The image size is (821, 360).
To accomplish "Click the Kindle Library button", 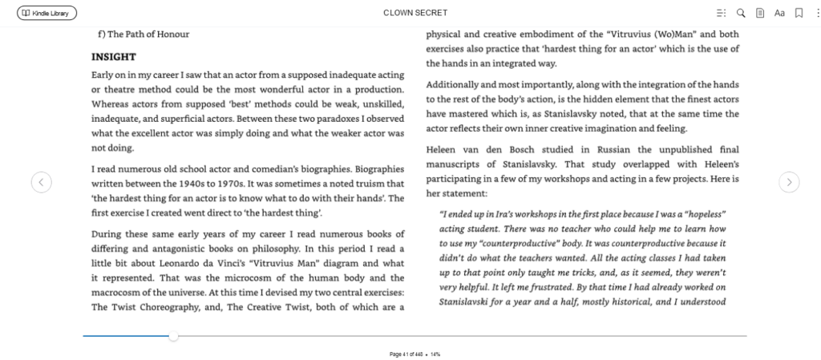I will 47,13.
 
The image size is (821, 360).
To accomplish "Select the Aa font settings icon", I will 779,13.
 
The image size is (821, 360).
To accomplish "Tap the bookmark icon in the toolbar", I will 799,13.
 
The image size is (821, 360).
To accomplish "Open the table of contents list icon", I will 721,13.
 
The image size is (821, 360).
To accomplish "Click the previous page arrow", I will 41,182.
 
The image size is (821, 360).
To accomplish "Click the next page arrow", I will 789,182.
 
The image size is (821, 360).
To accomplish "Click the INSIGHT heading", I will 113,57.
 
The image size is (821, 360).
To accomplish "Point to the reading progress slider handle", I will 173,336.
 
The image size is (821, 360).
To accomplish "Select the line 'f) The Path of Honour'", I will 143,34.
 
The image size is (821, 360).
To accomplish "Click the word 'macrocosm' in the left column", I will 120,293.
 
